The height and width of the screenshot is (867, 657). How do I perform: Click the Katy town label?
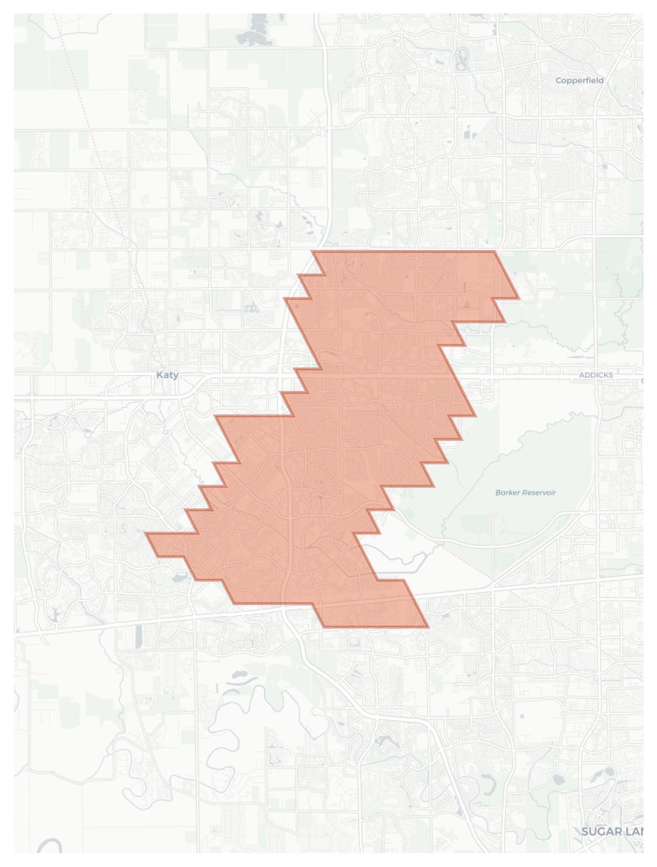pos(167,375)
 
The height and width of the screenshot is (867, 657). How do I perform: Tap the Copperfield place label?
pos(579,80)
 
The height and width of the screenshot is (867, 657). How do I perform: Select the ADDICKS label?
pos(595,375)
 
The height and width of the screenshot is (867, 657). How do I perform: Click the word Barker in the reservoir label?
pos(507,492)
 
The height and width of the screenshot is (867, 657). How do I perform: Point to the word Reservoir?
pos(539,492)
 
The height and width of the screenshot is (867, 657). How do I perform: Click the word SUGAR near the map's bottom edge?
pos(602,832)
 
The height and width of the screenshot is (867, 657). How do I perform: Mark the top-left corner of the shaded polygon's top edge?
pos(312,252)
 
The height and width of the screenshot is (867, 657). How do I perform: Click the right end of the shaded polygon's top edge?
pos(495,252)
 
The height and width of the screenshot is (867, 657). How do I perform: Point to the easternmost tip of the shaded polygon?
pos(519,298)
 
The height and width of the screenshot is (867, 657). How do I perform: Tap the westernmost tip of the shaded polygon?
pos(145,534)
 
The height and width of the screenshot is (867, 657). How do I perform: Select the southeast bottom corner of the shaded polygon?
pos(428,627)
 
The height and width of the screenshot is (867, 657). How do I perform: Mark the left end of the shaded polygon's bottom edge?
pos(323,627)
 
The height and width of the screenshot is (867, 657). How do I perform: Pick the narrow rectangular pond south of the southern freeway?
pos(138,637)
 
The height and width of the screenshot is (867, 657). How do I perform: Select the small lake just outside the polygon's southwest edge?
pos(178,578)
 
